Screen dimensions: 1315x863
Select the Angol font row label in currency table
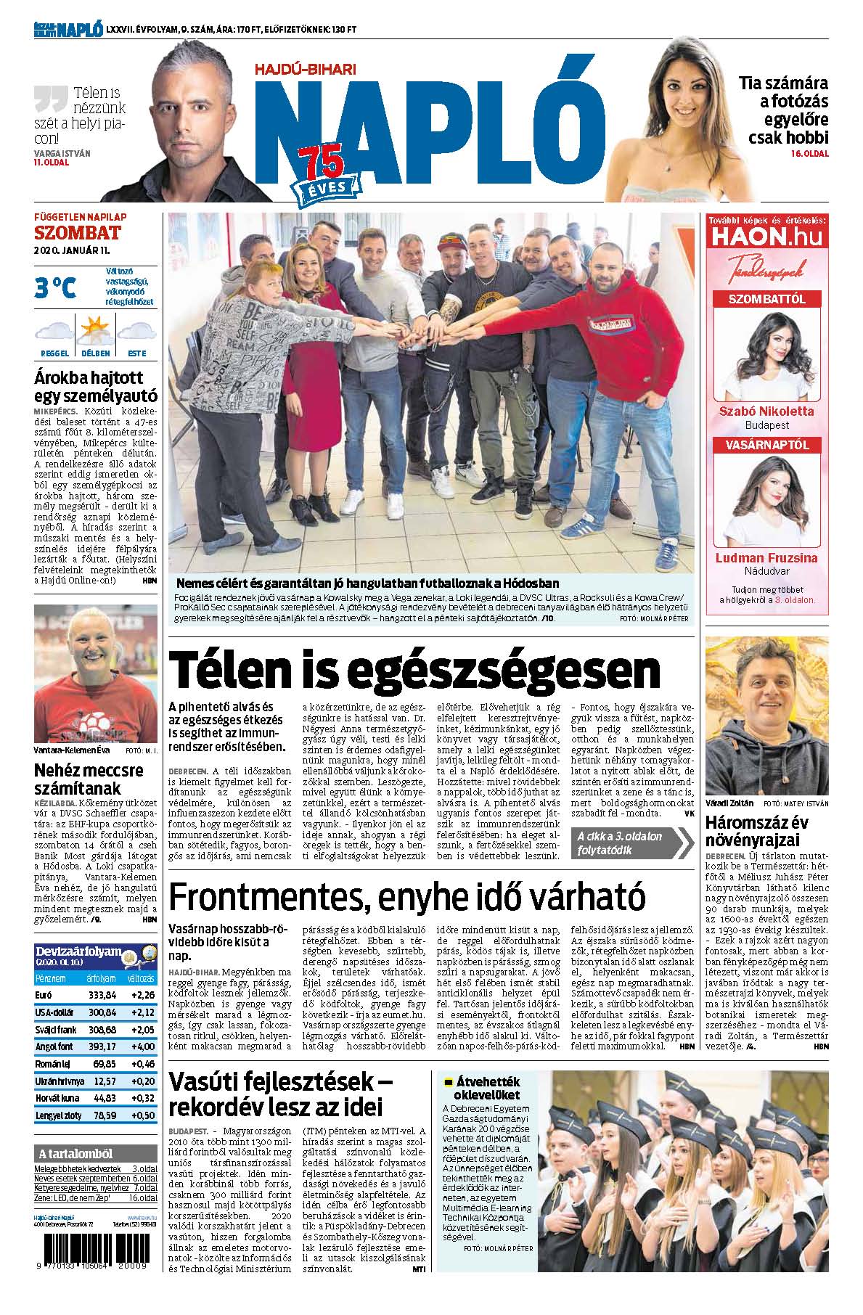54,1046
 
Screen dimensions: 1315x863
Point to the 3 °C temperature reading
55,288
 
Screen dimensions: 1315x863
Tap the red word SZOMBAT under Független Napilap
77,233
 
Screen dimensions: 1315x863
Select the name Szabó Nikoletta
766,411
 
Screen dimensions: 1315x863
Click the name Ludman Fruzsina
766,558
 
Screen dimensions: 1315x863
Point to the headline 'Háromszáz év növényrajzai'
757,831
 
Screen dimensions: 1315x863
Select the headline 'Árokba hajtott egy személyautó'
95,386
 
